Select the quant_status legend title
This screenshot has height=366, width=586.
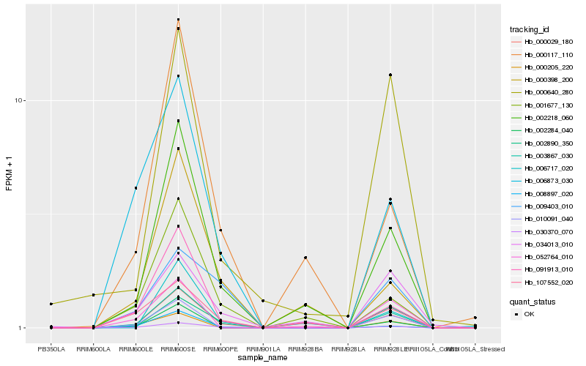pos(533,301)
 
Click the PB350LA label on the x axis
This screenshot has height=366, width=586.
pos(51,350)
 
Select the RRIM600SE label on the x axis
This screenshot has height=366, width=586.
pos(178,350)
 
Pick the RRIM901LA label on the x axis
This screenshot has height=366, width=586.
pos(263,350)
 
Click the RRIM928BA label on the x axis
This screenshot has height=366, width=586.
pos(305,350)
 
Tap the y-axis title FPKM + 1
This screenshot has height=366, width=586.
pos(9,172)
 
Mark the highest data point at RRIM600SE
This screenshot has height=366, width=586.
pos(178,20)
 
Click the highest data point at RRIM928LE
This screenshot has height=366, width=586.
pos(390,75)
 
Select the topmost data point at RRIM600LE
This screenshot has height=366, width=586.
pos(136,188)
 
